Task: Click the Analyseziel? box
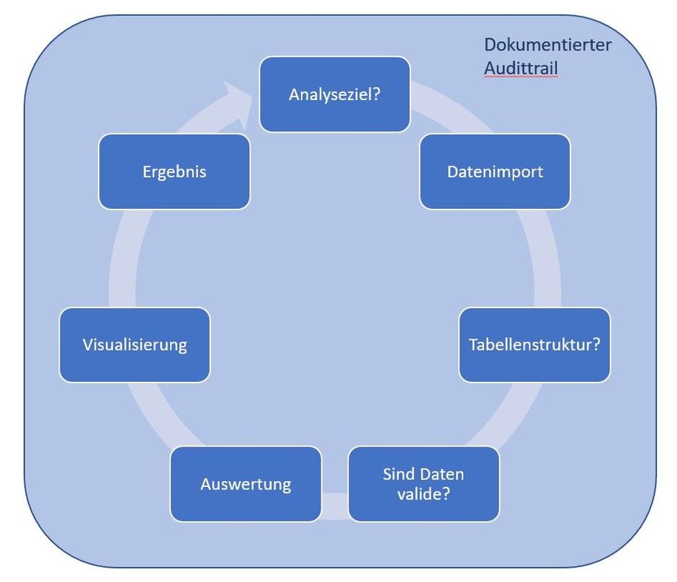(334, 94)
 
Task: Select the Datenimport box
(495, 171)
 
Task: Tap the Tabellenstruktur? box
(534, 344)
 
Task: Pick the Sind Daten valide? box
(423, 484)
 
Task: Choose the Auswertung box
(246, 483)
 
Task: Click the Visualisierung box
(135, 344)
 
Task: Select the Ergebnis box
(174, 171)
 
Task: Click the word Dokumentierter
(547, 45)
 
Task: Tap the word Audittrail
(521, 68)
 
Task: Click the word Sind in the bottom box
(396, 475)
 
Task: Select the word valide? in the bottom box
(423, 494)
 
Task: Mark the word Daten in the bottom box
(441, 475)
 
